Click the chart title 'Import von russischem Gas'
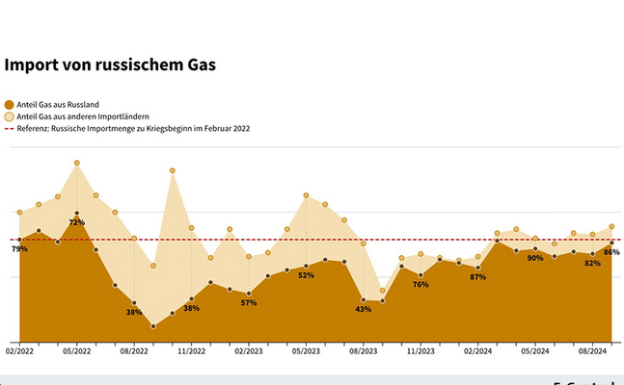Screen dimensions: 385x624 tap(110, 66)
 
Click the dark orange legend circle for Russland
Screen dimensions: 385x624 tap(10, 104)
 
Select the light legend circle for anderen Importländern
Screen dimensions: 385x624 tap(10, 116)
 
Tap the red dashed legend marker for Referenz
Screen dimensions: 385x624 tap(10, 128)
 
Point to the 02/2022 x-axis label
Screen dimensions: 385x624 tap(19, 352)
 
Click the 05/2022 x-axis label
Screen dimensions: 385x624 tap(76, 352)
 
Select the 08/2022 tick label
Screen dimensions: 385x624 tap(134, 352)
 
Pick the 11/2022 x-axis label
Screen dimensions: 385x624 tap(191, 352)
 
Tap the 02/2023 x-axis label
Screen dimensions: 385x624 tap(249, 352)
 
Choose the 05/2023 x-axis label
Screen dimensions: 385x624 tap(306, 352)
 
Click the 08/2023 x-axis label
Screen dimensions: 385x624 tap(364, 352)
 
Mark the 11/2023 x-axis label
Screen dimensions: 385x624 tap(421, 352)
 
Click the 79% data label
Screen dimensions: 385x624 tap(19, 249)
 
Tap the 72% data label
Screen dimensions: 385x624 tap(77, 222)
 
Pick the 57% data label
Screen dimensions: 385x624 tap(249, 303)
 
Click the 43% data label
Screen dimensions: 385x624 tap(364, 309)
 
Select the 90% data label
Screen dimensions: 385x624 tap(535, 259)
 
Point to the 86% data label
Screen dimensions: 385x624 tap(610, 252)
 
